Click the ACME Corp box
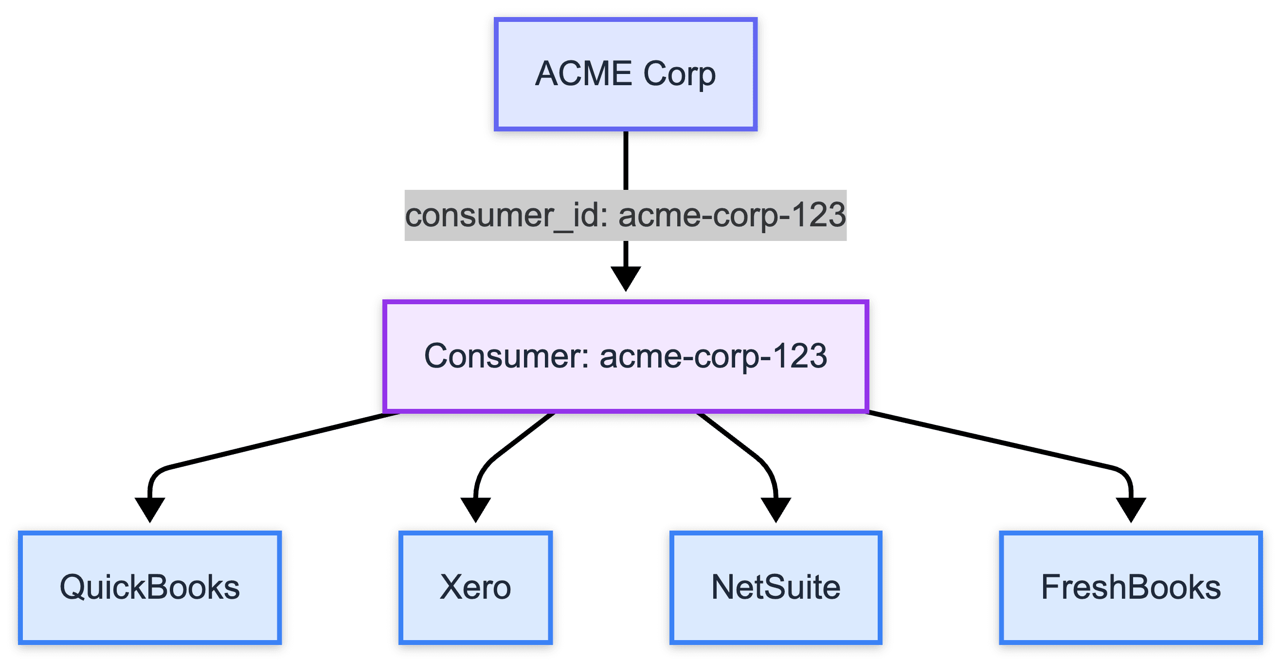point(625,74)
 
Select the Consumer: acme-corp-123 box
point(625,356)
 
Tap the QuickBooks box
point(150,588)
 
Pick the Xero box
point(475,588)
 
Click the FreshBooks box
point(1130,588)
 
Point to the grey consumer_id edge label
point(625,215)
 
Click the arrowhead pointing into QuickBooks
point(150,510)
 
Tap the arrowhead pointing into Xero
point(475,510)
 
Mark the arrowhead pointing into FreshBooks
point(1131,510)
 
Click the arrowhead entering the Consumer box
point(626,278)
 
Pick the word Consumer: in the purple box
point(506,356)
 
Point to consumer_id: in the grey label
point(506,216)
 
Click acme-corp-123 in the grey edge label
point(732,216)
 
